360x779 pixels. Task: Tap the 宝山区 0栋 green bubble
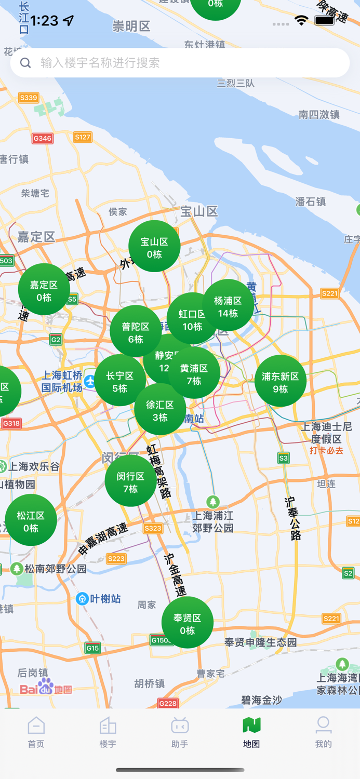pyautogui.click(x=154, y=247)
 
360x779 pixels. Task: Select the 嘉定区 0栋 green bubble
pyautogui.click(x=44, y=290)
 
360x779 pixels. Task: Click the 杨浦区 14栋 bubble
pyautogui.click(x=229, y=306)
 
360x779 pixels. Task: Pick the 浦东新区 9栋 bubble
pyautogui.click(x=281, y=381)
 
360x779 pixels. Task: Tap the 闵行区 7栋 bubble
pyautogui.click(x=130, y=481)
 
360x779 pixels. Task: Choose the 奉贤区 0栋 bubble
pyautogui.click(x=187, y=623)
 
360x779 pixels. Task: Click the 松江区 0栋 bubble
pyautogui.click(x=31, y=521)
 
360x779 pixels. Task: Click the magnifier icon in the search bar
pyautogui.click(x=25, y=63)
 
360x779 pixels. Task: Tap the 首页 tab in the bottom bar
pyautogui.click(x=36, y=732)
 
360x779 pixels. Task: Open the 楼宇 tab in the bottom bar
pyautogui.click(x=108, y=732)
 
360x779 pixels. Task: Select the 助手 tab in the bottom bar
pyautogui.click(x=180, y=732)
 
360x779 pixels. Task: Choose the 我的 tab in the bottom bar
pyautogui.click(x=323, y=732)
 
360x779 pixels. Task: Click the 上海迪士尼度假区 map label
pyautogui.click(x=327, y=433)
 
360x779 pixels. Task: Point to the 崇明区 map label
pyautogui.click(x=131, y=26)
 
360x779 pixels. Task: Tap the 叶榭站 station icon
pyautogui.click(x=82, y=599)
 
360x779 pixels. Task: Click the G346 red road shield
pyautogui.click(x=42, y=138)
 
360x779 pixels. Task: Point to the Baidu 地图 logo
pyautogui.click(x=46, y=687)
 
